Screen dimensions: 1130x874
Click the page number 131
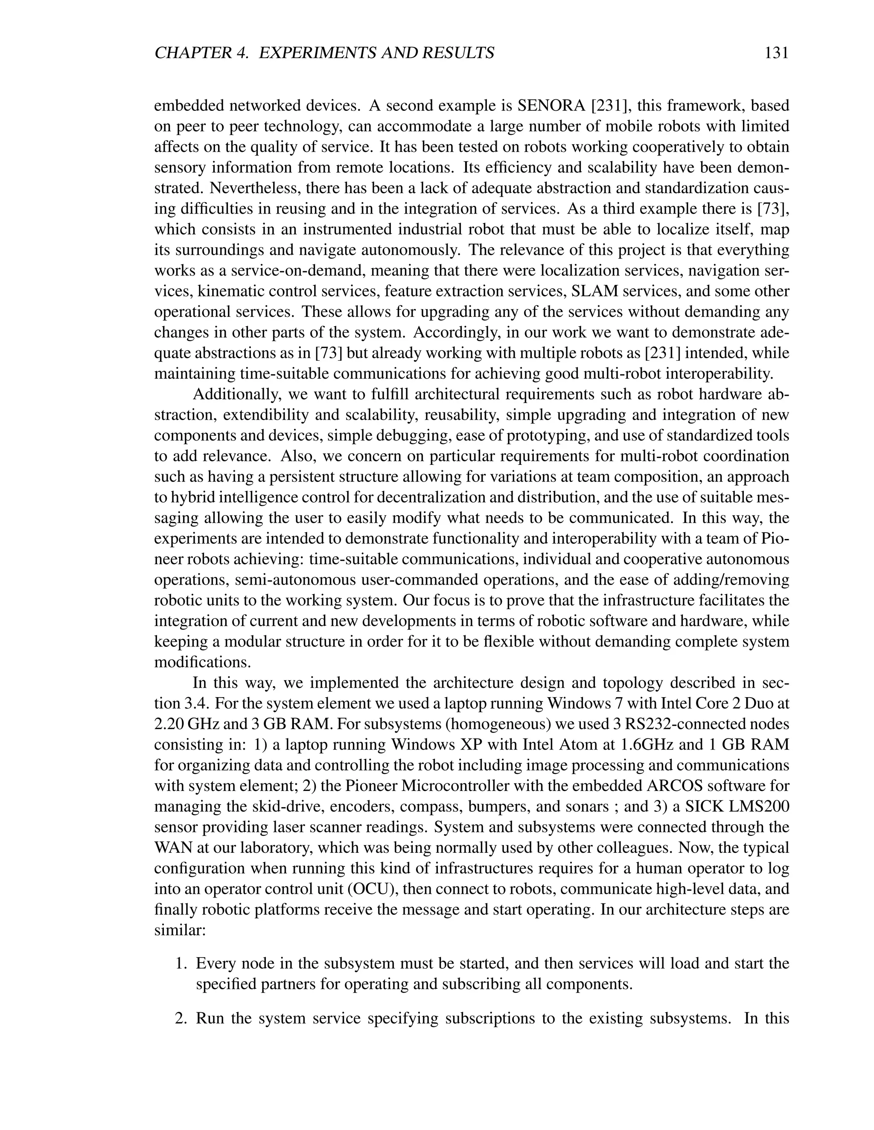pyautogui.click(x=775, y=53)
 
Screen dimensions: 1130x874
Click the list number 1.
pyautogui.click(x=181, y=964)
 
